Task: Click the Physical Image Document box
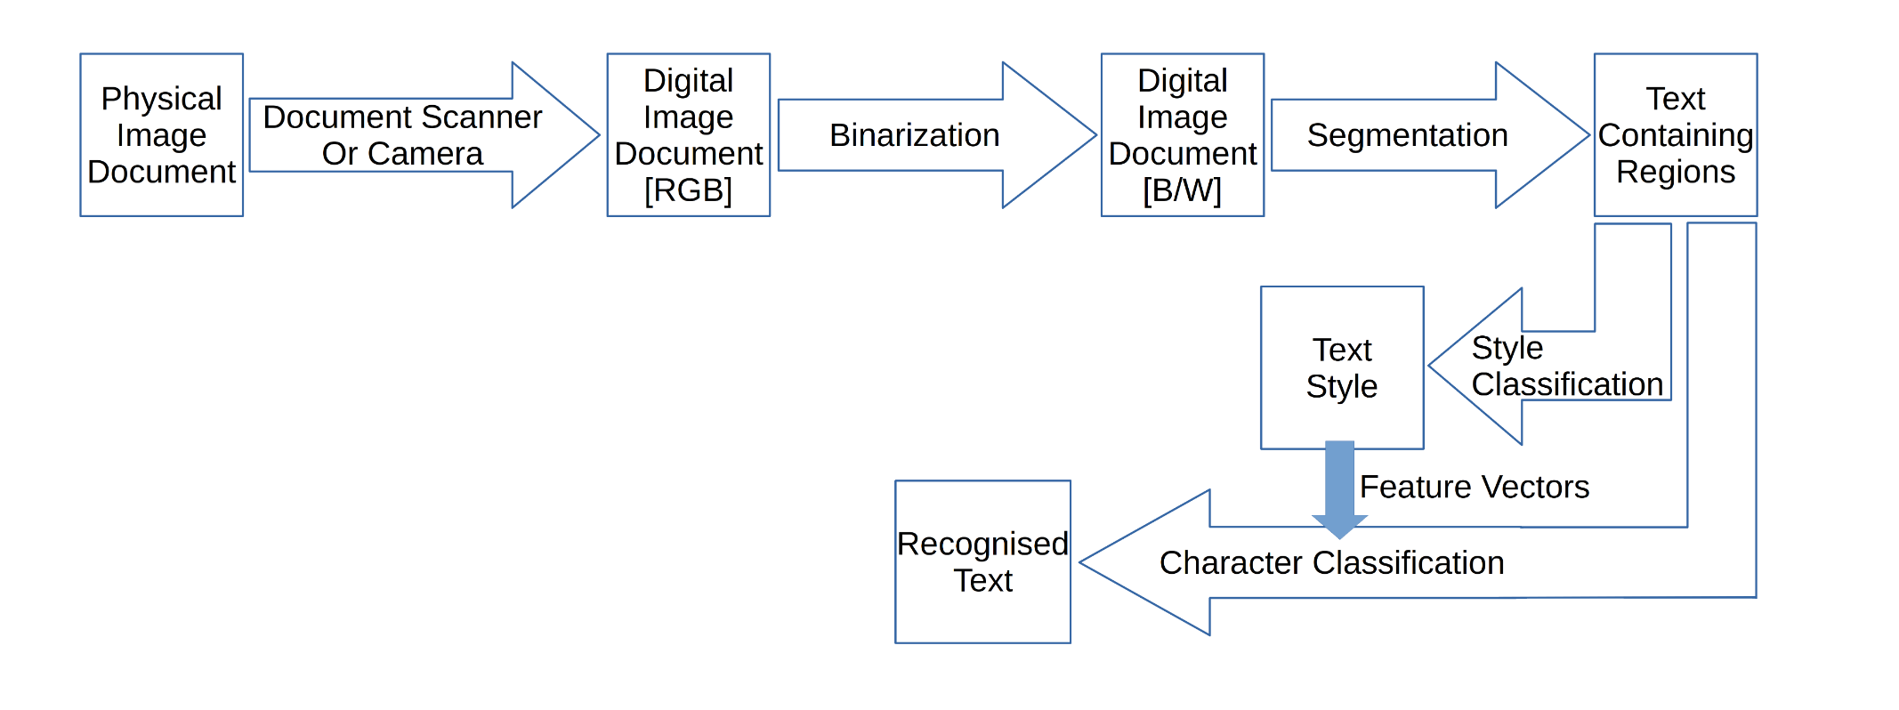pos(161,134)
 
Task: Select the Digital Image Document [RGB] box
pos(688,134)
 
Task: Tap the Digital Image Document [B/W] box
pos(1182,134)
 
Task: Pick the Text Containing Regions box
pos(1675,134)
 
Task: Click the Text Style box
pos(1341,367)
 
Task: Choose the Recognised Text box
pos(982,561)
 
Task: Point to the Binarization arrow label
pos(914,135)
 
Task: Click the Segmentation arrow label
pos(1407,135)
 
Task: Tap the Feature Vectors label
pos(1474,487)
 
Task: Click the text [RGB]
pos(688,190)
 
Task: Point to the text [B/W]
pos(1182,190)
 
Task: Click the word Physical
pos(161,99)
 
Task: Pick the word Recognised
pos(982,544)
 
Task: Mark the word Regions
pos(1675,172)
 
